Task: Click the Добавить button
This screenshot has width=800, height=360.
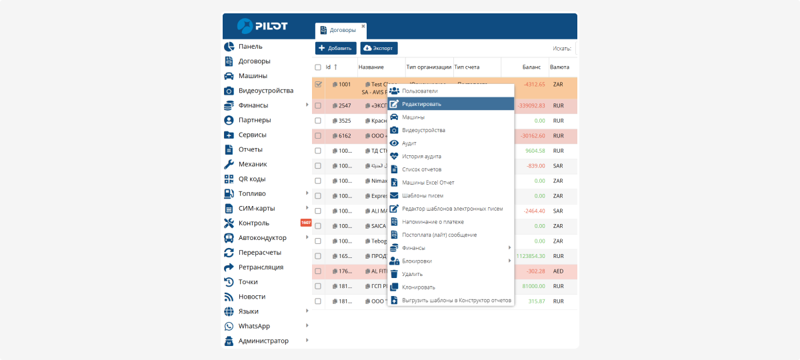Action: click(335, 48)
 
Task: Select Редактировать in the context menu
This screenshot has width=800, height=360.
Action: click(421, 104)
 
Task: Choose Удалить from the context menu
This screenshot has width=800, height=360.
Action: click(412, 274)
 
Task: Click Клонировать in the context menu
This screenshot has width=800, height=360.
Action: click(418, 287)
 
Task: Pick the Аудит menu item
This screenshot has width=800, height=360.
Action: click(409, 143)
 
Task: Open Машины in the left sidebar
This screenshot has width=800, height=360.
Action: click(253, 76)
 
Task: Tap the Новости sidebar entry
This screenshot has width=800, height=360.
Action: click(251, 297)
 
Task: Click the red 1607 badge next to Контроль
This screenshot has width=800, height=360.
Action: click(306, 223)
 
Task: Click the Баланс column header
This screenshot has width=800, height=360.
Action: click(531, 67)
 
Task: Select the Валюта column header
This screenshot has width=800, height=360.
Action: click(559, 67)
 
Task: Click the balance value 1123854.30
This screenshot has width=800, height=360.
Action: click(531, 256)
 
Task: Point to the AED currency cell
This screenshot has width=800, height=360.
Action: click(559, 271)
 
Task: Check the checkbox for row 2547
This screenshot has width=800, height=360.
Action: click(318, 105)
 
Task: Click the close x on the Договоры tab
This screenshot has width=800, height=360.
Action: click(363, 26)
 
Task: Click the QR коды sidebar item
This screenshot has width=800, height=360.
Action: click(252, 179)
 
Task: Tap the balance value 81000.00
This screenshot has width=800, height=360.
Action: click(533, 286)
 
